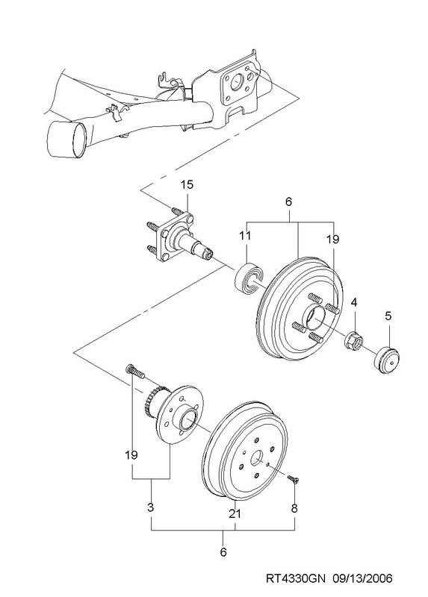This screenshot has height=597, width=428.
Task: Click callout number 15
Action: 187,185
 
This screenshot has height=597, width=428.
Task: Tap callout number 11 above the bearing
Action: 246,236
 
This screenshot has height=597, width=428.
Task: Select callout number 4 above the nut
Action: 354,303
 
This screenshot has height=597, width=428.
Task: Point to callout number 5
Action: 388,316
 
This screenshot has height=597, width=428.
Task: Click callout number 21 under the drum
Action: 235,513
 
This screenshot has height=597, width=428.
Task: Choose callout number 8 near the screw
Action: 294,508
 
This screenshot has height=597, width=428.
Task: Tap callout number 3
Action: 151,507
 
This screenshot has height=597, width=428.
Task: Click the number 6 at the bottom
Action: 223,551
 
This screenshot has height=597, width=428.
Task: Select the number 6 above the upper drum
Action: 288,201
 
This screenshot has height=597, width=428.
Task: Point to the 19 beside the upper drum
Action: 332,240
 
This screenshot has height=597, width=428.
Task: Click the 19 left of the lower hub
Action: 131,454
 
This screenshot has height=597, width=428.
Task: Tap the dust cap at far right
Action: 386,360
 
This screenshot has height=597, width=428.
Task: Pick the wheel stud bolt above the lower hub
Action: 135,371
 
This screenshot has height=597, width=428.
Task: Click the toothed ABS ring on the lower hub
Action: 155,400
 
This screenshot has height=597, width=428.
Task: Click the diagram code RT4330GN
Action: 295,579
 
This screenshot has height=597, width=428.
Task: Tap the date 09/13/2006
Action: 362,579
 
